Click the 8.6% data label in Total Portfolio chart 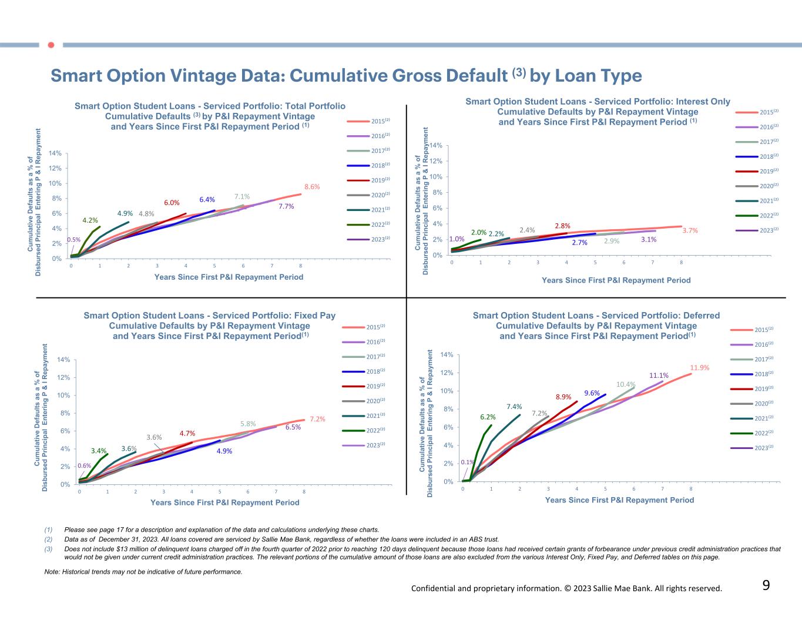[312, 187]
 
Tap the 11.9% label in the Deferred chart [700, 368]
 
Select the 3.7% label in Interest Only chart [690, 231]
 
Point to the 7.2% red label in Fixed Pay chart [317, 419]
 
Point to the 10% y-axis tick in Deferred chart [447, 391]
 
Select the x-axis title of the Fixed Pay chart [224, 502]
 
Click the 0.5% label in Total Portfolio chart [74, 240]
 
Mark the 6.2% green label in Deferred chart [488, 417]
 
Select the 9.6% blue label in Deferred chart [592, 393]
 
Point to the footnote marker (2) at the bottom [49, 539]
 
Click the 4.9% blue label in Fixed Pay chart [224, 451]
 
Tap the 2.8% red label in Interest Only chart [563, 226]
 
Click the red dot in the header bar [51, 45]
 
